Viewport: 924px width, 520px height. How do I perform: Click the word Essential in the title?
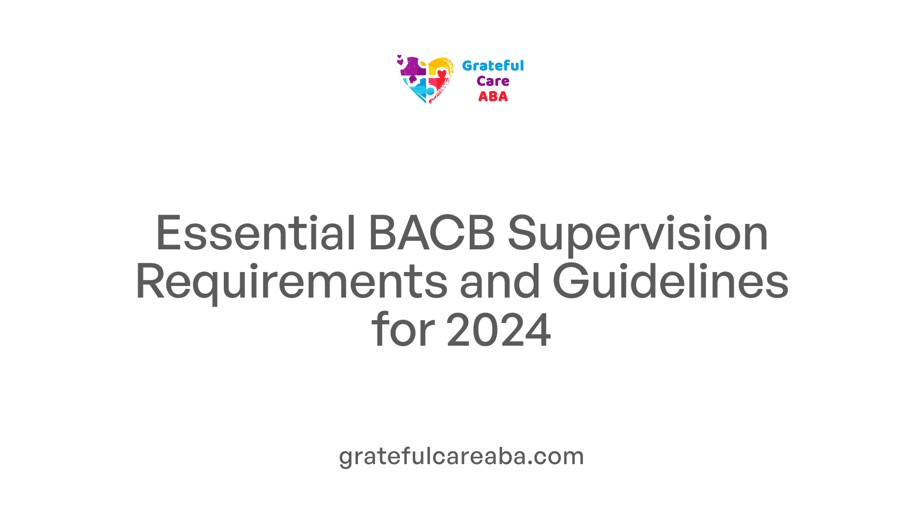[x=256, y=233]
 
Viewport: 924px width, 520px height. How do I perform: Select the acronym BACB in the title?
[x=432, y=233]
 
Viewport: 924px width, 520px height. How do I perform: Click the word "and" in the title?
[x=500, y=281]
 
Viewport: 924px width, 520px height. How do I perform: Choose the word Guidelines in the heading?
[x=671, y=281]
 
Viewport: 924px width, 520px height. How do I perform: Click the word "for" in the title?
[x=403, y=329]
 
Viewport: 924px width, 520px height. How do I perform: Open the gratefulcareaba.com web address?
[x=462, y=456]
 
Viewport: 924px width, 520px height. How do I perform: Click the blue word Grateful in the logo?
[x=493, y=65]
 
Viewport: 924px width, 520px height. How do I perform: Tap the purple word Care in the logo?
[x=493, y=81]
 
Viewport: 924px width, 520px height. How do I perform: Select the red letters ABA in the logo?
[x=493, y=97]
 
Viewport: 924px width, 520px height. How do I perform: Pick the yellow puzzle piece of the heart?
[x=440, y=66]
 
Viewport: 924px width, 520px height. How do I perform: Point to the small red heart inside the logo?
[x=442, y=74]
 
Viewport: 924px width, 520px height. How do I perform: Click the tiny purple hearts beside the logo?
[x=399, y=60]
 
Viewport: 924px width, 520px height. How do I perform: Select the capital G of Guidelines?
[x=571, y=281]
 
